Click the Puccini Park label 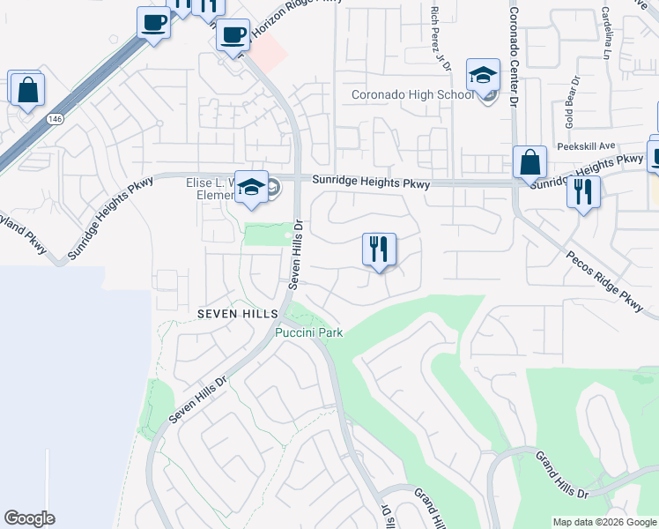tap(308, 332)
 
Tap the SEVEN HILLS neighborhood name tap(237, 314)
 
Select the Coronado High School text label tap(412, 95)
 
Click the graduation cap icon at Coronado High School tap(483, 77)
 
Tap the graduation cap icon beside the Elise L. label tap(252, 188)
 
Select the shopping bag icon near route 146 tap(27, 90)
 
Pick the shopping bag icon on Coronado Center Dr tap(529, 163)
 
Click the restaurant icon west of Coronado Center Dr tap(379, 250)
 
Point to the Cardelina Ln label tap(609, 26)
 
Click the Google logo tap(29, 518)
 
